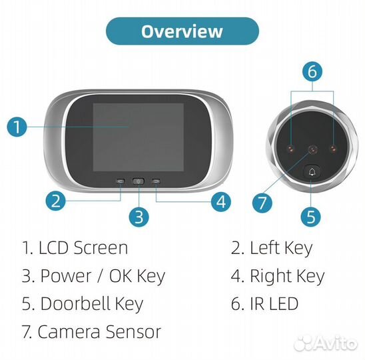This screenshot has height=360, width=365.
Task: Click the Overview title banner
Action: click(182, 31)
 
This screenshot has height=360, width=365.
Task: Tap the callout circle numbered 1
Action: click(17, 127)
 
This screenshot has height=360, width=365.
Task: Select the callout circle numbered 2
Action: click(56, 201)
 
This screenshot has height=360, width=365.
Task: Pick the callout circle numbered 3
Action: click(139, 217)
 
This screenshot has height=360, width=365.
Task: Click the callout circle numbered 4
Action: click(221, 202)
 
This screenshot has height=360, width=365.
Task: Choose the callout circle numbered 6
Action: click(312, 71)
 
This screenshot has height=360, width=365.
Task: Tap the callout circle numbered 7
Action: click(262, 203)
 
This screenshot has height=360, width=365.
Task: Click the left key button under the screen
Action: click(121, 181)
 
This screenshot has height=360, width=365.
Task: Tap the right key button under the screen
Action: click(156, 181)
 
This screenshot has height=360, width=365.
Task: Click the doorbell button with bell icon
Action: click(312, 172)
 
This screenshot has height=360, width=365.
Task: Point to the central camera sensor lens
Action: click(312, 149)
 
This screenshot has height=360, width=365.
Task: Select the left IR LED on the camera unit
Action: click(291, 149)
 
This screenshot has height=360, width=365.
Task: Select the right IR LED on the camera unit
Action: click(333, 149)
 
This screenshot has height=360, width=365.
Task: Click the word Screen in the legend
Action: click(101, 248)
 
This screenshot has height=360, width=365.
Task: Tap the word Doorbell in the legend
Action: click(75, 303)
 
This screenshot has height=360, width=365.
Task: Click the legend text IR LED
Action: click(274, 303)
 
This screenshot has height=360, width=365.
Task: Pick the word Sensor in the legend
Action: click(133, 331)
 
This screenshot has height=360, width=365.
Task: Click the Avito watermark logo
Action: click(326, 343)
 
